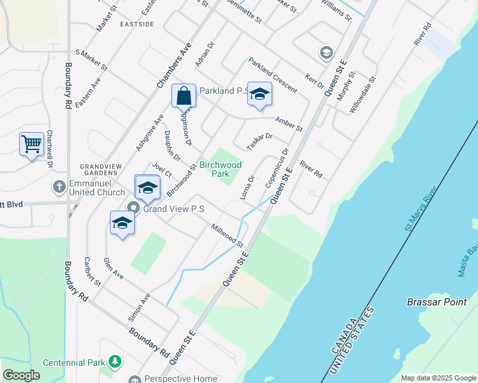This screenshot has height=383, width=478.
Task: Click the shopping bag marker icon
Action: [x=183, y=96]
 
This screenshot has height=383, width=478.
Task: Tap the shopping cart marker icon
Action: [x=31, y=144]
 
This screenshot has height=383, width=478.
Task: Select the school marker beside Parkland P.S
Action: [x=259, y=94]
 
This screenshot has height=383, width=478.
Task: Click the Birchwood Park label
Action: [x=220, y=169]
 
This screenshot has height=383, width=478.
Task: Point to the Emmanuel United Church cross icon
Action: [x=59, y=186]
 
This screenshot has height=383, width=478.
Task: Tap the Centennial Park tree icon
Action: [x=115, y=362]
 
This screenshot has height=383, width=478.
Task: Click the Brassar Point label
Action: [x=436, y=302]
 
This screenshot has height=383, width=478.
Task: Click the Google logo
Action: [x=21, y=375]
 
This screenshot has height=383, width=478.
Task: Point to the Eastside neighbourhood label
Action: [x=137, y=24]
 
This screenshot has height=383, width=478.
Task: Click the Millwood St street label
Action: [x=228, y=236]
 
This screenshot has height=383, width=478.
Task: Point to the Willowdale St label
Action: [x=362, y=95]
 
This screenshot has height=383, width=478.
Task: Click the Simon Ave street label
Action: [x=140, y=306]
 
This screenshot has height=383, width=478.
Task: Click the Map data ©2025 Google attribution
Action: [x=438, y=378]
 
